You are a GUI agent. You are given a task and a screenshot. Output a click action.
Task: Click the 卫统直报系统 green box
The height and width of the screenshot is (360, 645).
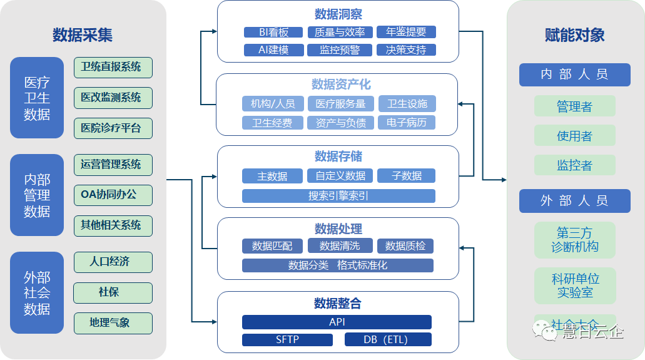point(113,68)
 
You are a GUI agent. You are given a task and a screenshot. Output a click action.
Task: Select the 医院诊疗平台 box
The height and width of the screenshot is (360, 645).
point(113,128)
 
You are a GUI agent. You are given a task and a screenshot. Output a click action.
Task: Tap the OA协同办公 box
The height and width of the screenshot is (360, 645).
point(113,195)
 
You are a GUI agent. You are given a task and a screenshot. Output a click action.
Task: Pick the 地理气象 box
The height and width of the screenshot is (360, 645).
point(113,323)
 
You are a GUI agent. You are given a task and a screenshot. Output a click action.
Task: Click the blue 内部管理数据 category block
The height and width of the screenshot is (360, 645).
point(37,195)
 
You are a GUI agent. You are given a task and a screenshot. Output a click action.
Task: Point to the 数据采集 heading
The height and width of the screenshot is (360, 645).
point(83,35)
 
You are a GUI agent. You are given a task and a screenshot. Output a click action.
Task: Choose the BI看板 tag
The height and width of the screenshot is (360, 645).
point(273,33)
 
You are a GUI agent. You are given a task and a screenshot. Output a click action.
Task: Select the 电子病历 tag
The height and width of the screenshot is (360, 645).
point(407,123)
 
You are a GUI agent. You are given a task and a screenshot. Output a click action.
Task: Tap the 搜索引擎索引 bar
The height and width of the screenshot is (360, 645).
point(338,196)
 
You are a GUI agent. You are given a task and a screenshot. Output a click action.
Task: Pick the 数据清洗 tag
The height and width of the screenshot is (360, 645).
point(338,246)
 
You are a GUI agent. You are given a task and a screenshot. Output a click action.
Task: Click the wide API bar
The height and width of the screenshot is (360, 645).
point(337,322)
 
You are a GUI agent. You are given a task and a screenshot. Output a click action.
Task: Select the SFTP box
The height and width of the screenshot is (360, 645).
point(287,340)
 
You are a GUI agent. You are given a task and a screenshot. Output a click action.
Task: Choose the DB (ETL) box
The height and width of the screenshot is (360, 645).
point(388,340)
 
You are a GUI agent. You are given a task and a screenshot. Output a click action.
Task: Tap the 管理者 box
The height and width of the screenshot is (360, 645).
point(574,106)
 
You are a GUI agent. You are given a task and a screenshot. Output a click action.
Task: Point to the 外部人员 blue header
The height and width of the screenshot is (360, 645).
point(574,201)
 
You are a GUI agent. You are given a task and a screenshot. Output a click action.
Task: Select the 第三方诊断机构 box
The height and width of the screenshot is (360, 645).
point(574,239)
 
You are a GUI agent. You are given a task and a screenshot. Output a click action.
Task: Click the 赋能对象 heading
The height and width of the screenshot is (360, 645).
point(574,35)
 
